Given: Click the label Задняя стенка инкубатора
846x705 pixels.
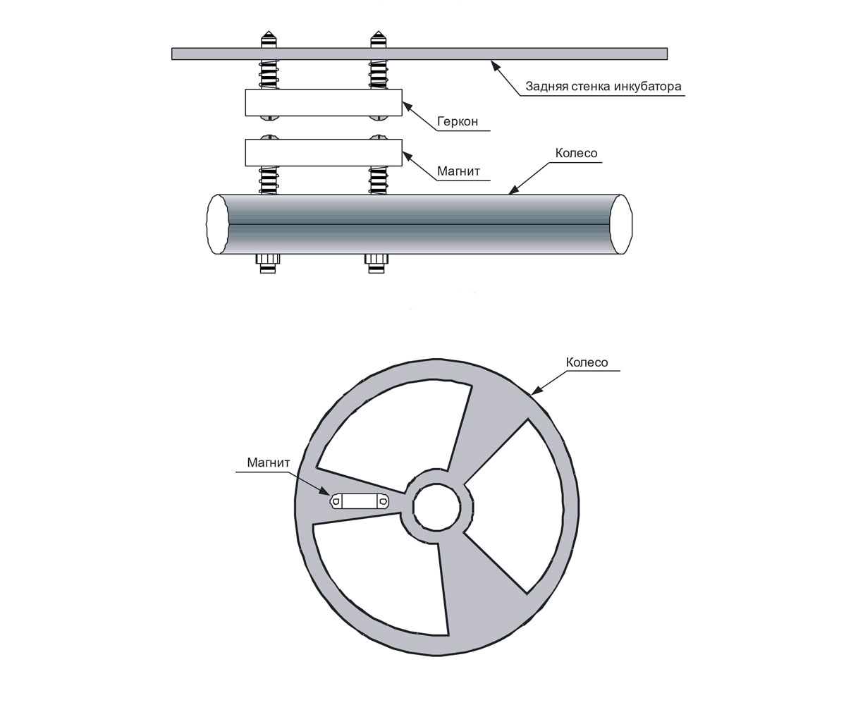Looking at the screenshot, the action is (603, 86).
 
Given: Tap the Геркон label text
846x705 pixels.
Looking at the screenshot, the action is (458, 121).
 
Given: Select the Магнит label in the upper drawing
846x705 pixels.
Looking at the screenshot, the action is (458, 171).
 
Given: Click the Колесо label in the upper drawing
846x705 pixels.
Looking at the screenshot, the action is (576, 153).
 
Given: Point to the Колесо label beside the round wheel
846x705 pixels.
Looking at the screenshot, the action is (587, 362).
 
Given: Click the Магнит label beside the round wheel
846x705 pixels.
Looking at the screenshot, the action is (268, 462).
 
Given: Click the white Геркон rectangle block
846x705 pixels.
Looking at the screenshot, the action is (324, 102).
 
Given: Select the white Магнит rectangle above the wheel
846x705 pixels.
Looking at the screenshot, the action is (324, 153).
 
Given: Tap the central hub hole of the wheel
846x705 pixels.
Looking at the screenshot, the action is (436, 507).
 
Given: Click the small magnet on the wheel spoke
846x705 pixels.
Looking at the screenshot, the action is (360, 501).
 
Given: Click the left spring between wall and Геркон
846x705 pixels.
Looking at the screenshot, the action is (268, 75).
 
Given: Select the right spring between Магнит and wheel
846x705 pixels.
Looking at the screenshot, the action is (378, 180).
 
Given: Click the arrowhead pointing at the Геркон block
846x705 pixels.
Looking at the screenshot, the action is (407, 107).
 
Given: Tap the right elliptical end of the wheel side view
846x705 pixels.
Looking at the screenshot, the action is (621, 224).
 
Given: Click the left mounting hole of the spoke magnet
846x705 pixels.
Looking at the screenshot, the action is (336, 501).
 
